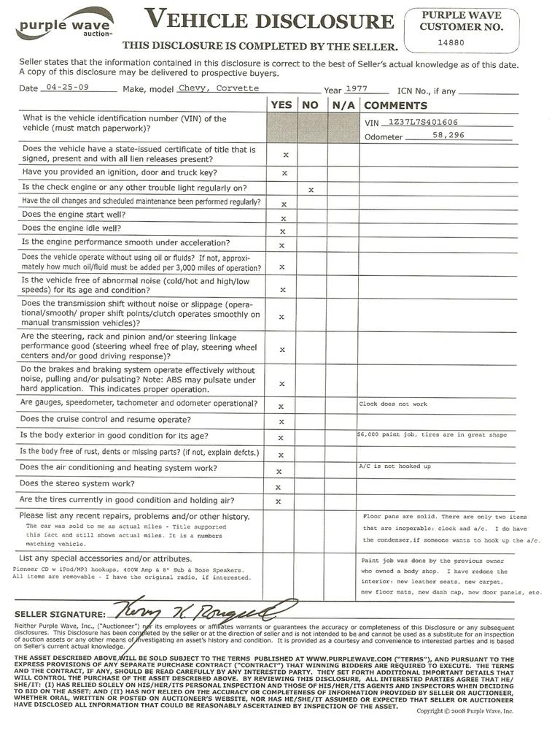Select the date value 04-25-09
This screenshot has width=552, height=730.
tap(61, 88)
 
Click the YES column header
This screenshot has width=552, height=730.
tap(281, 105)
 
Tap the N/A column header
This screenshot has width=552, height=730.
tap(342, 105)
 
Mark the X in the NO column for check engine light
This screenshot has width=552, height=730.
tap(311, 190)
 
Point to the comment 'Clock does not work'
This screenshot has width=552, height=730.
tap(393, 404)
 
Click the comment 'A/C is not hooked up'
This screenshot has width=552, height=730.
tap(394, 466)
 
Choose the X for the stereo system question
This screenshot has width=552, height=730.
tap(278, 486)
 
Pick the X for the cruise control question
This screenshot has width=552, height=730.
tap(281, 423)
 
